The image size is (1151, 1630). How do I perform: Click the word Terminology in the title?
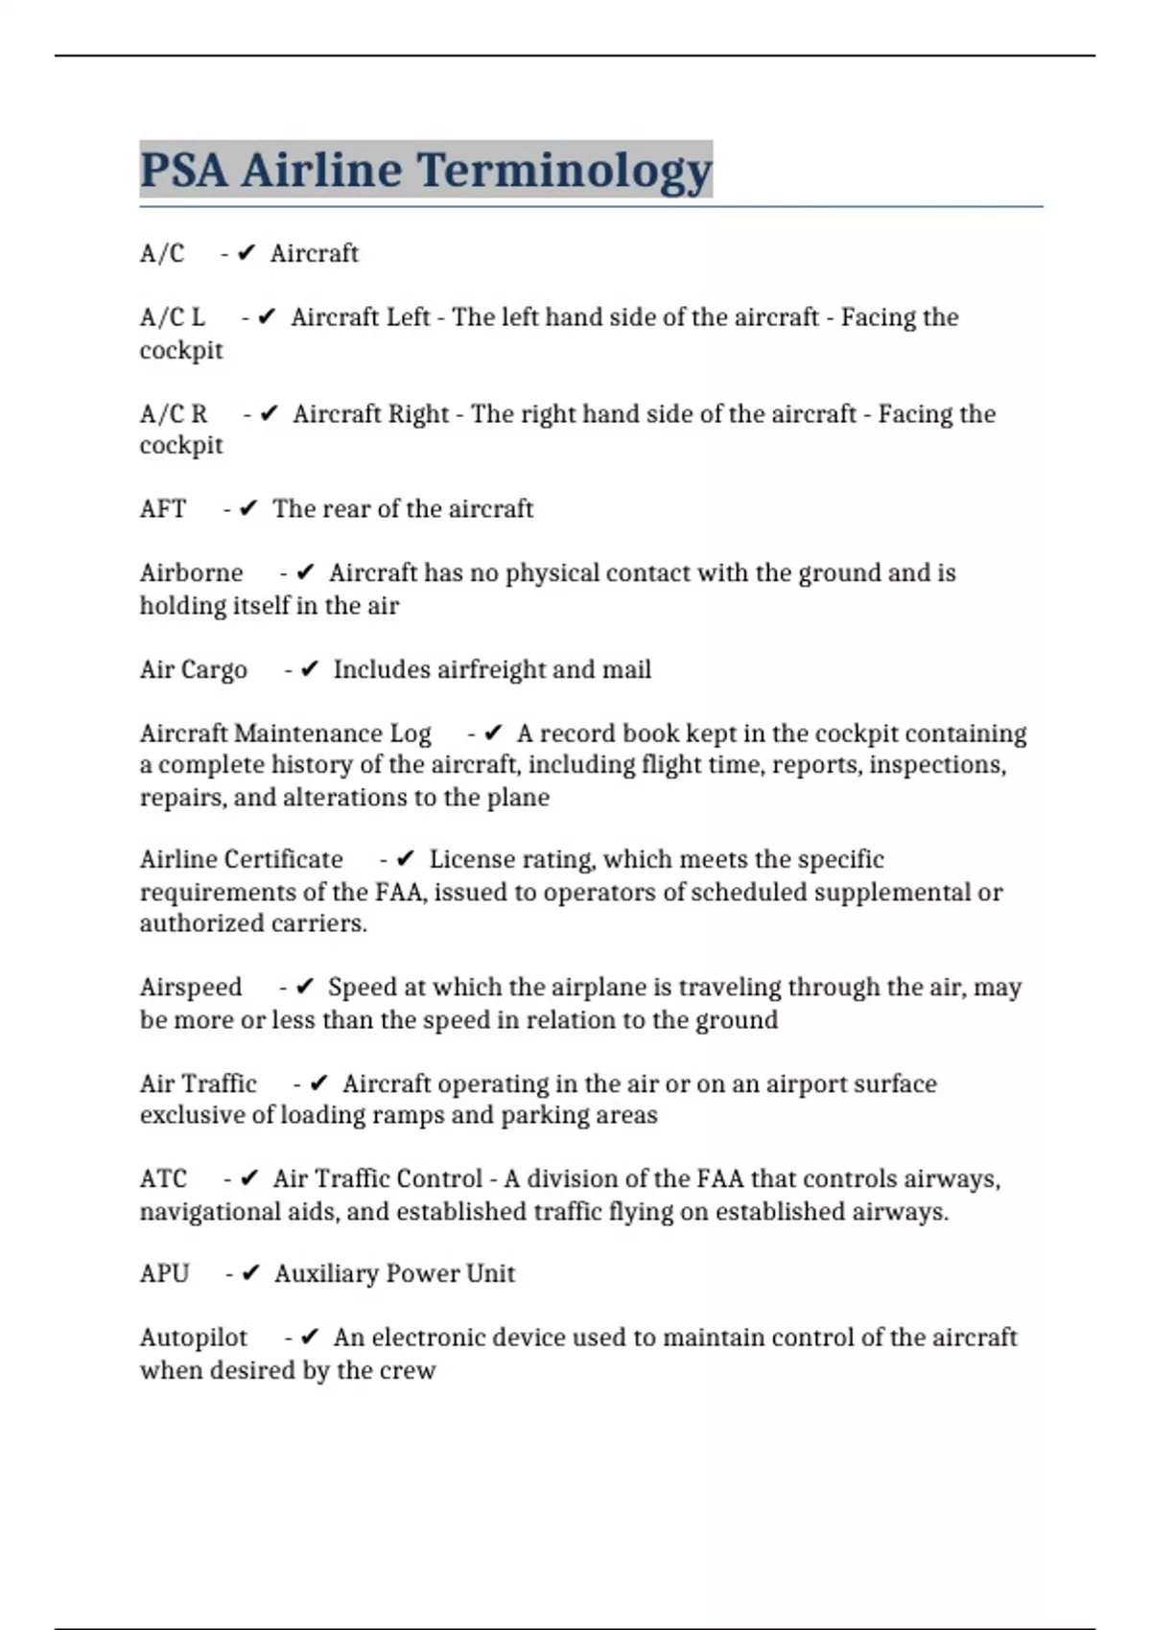(x=564, y=171)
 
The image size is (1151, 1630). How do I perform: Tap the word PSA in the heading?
(x=184, y=171)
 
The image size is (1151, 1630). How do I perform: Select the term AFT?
(x=163, y=508)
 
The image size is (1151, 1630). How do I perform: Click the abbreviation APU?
(x=165, y=1273)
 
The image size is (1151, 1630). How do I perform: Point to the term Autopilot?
(x=194, y=1338)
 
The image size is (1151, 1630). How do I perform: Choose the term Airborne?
(x=192, y=572)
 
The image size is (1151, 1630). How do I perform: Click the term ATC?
(x=163, y=1178)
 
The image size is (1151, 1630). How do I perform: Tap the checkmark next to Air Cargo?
(x=309, y=669)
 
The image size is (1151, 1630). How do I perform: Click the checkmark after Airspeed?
(x=305, y=987)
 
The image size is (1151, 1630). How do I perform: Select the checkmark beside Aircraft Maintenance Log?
(x=493, y=733)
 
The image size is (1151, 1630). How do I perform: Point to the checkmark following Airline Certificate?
(x=405, y=859)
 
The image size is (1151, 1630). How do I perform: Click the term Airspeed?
(x=191, y=987)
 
